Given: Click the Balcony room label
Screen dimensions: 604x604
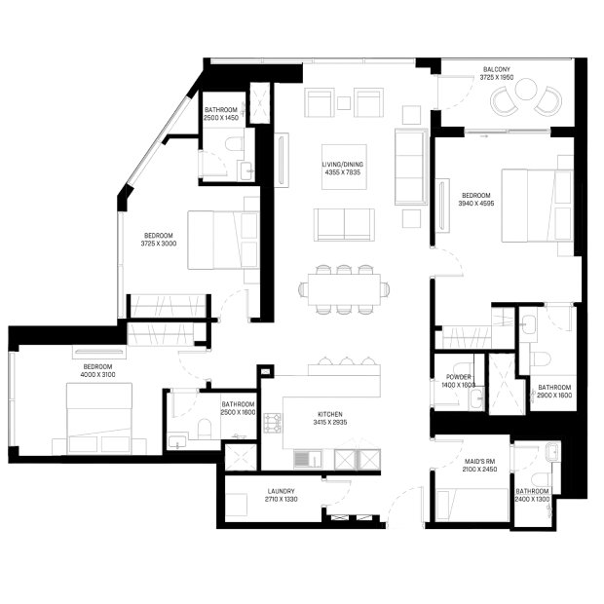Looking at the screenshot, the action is (x=497, y=69).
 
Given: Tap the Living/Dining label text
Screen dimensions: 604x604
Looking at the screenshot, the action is (x=343, y=165).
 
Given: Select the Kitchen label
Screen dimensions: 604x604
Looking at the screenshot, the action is (x=330, y=414).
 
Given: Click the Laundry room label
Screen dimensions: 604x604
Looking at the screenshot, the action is (x=282, y=491).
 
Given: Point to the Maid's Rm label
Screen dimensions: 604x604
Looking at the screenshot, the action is (x=480, y=462).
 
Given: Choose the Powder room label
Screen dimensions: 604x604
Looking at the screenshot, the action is (x=459, y=377).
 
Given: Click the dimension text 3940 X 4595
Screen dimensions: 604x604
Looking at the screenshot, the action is (x=476, y=204).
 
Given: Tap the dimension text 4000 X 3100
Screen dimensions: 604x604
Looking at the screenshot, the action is (x=97, y=375).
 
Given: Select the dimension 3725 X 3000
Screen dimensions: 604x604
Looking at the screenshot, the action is (x=159, y=244).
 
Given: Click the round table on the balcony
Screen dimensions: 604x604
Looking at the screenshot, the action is (x=526, y=90).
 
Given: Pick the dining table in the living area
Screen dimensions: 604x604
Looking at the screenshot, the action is (x=344, y=289).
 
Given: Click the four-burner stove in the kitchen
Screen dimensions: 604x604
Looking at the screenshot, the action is (x=273, y=423).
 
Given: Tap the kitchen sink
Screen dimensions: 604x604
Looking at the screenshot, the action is (x=308, y=459).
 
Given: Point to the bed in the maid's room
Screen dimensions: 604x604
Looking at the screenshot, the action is (x=472, y=505).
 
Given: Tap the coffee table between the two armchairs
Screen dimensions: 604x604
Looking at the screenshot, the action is (x=344, y=103).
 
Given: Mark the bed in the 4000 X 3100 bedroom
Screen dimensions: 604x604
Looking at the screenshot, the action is (x=99, y=418).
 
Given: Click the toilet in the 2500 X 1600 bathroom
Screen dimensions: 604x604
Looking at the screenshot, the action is (x=205, y=429).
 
